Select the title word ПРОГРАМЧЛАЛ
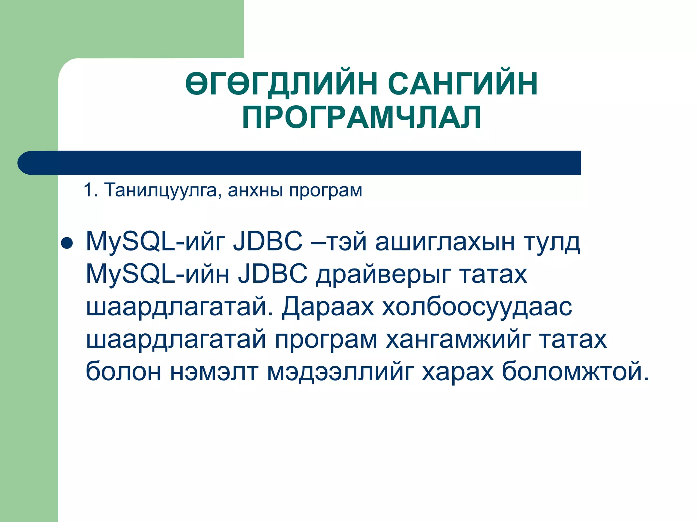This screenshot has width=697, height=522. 362,117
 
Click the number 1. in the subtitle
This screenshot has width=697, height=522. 91,190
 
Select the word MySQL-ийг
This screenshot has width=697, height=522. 155,242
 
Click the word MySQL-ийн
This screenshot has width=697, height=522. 158,274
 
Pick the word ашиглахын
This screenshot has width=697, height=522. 445,242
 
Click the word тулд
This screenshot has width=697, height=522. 552,242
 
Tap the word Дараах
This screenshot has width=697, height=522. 328,307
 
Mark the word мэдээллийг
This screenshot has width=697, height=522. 340,372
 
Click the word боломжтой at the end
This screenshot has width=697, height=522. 575,371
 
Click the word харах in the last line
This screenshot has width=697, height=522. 458,371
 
